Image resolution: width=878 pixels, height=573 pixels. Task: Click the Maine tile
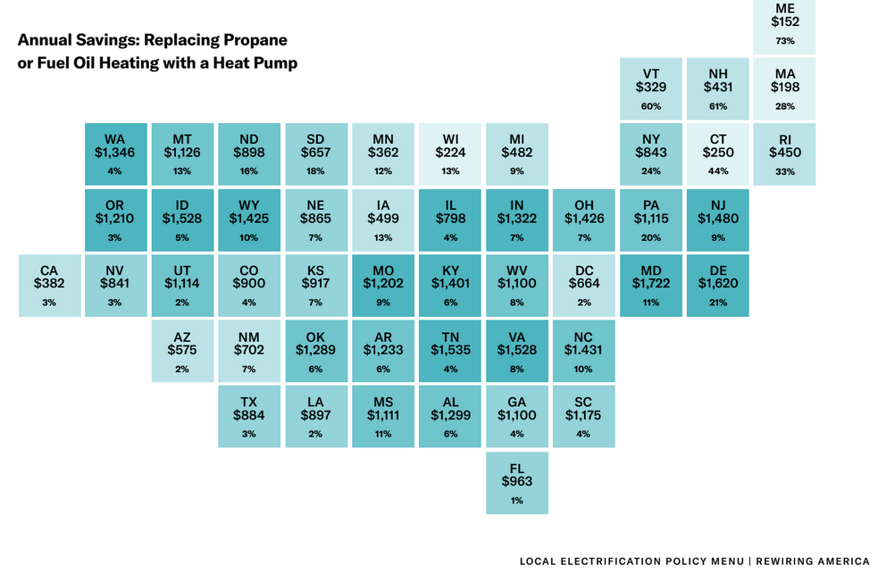(x=785, y=27)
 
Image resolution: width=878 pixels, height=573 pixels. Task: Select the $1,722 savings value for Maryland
(x=650, y=283)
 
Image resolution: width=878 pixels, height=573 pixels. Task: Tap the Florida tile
(x=517, y=482)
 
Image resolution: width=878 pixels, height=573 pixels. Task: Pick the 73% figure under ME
(x=785, y=41)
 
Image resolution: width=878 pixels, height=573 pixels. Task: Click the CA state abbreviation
(x=49, y=270)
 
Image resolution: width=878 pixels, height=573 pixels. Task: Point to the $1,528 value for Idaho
(x=182, y=218)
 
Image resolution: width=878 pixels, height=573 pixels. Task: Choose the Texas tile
(x=249, y=416)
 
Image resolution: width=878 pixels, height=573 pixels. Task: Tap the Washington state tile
(x=115, y=154)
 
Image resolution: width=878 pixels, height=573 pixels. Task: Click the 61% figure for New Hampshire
(x=718, y=107)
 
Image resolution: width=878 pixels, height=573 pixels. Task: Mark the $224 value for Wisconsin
(x=450, y=152)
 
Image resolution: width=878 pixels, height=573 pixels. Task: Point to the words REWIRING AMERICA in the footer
(x=815, y=561)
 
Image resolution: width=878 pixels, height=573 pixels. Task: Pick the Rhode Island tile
(x=785, y=154)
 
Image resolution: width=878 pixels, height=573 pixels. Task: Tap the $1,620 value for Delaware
(x=718, y=283)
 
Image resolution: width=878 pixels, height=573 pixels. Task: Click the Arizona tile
(x=182, y=350)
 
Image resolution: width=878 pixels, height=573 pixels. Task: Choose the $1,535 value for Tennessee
(x=450, y=350)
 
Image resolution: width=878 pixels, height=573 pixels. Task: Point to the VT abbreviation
(x=651, y=73)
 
